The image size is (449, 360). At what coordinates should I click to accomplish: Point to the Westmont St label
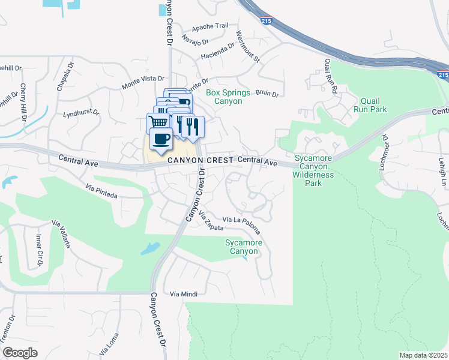click(x=247, y=47)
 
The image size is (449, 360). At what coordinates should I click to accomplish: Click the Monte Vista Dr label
click(x=143, y=79)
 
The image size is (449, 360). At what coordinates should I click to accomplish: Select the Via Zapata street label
click(x=211, y=223)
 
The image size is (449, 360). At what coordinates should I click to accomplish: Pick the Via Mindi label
click(x=183, y=293)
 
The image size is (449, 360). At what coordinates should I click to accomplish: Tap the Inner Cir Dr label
click(x=40, y=254)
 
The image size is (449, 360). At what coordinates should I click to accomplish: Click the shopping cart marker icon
click(x=158, y=122)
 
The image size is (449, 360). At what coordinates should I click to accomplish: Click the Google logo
click(x=20, y=353)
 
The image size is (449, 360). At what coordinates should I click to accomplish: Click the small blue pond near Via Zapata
click(x=150, y=248)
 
